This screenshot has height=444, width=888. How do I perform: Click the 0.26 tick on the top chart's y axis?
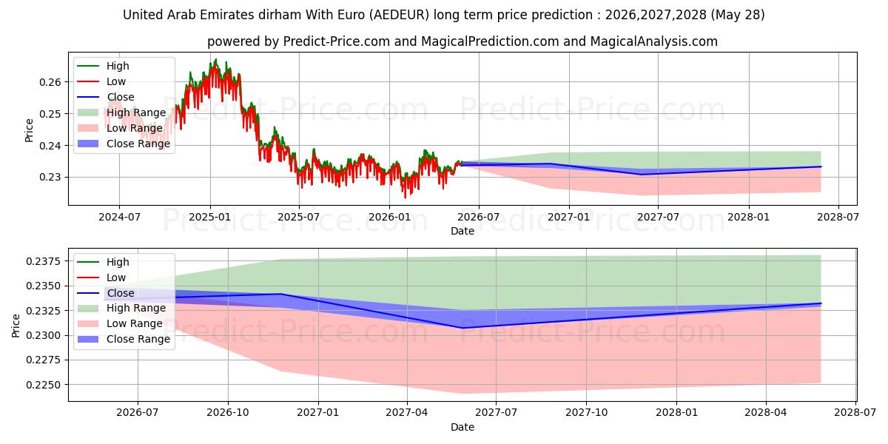pos(50,82)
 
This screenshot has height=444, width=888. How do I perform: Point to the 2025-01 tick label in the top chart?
pos(209,218)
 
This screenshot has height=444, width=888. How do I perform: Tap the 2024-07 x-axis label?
pos(119,218)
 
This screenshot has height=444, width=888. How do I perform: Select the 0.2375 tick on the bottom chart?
pos(44,261)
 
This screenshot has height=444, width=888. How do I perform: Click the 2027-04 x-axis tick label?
pos(407,413)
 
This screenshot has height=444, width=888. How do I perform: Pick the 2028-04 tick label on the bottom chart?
pos(765,413)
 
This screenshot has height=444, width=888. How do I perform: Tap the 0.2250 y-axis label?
pos(44,385)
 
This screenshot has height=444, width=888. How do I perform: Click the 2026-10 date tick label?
pos(228,413)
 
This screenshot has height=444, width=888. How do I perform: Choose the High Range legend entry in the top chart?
pos(121,112)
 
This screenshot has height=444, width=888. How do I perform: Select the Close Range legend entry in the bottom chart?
pos(124,340)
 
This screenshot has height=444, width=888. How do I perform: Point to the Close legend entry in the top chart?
pos(106,97)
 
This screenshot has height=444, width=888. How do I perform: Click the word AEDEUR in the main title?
pos(399,15)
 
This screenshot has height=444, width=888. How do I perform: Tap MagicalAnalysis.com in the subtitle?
pos(653,41)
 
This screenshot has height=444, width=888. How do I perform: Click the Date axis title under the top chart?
pos(462,231)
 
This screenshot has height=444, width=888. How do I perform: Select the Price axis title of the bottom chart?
pos(16,326)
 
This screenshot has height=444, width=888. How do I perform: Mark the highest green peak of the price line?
pos(215,59)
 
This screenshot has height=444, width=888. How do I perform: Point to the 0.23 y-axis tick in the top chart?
pos(50,177)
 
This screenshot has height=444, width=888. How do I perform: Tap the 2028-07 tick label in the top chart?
pos(838,218)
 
